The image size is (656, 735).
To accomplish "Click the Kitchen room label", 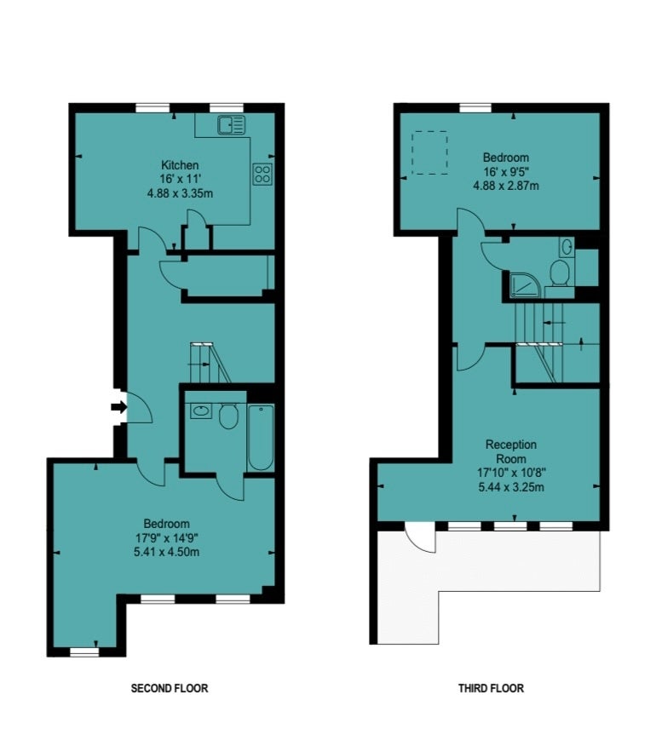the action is click(180, 165).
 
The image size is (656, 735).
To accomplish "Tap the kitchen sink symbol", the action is click(231, 124).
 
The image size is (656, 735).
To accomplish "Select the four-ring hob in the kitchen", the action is click(262, 174).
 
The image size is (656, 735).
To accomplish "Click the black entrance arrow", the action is click(119, 407).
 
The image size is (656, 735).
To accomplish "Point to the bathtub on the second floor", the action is click(261, 438).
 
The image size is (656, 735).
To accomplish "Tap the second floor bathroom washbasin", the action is click(201, 411).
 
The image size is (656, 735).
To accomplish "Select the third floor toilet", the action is click(560, 273).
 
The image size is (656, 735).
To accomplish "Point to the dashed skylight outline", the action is click(429, 153).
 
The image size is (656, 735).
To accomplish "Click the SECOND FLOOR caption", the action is click(170, 688).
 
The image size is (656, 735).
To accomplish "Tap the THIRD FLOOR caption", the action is click(491, 688).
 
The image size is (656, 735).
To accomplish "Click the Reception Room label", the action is click(511, 451).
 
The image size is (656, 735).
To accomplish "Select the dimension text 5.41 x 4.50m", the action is click(166, 552).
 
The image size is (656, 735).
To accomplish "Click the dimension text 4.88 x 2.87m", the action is click(506, 186).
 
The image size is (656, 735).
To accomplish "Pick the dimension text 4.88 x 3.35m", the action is click(180, 193).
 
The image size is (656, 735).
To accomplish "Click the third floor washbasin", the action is click(567, 246).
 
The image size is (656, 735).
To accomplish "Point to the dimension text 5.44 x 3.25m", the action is click(511, 487).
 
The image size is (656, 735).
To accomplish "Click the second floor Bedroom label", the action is click(166, 524).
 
